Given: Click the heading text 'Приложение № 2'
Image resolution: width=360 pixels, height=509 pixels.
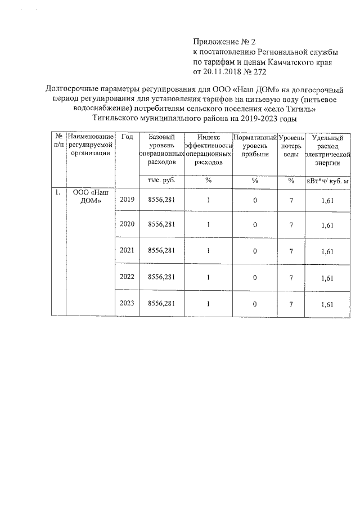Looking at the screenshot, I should pyautogui.click(x=224, y=42).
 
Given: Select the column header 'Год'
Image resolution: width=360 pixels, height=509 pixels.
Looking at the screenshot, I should pyautogui.click(x=127, y=137).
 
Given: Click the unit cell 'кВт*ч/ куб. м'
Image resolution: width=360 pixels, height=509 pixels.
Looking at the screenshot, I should pyautogui.click(x=328, y=181).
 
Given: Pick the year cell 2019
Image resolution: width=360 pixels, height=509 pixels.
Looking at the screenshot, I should pyautogui.click(x=127, y=200).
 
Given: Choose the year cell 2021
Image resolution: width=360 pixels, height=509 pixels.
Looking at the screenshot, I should pyautogui.click(x=127, y=250).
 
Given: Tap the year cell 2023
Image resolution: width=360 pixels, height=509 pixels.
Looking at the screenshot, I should pyautogui.click(x=127, y=303).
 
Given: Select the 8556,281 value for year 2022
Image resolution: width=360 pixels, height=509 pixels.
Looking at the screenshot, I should pyautogui.click(x=161, y=277).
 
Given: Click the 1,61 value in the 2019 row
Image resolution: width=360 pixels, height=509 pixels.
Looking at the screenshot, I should pyautogui.click(x=327, y=201).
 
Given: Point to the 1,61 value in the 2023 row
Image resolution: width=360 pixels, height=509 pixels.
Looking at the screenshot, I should pyautogui.click(x=327, y=304).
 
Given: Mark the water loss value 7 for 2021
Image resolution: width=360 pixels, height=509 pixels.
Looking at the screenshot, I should pyautogui.click(x=291, y=251).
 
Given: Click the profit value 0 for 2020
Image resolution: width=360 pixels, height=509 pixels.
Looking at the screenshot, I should pyautogui.click(x=255, y=226).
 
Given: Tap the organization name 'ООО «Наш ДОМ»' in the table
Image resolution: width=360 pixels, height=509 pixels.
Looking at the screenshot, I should pyautogui.click(x=90, y=196).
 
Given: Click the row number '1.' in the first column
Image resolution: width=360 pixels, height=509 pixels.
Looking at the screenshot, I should pyautogui.click(x=57, y=192).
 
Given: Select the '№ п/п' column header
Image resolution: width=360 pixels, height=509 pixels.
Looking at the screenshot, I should pyautogui.click(x=58, y=141).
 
